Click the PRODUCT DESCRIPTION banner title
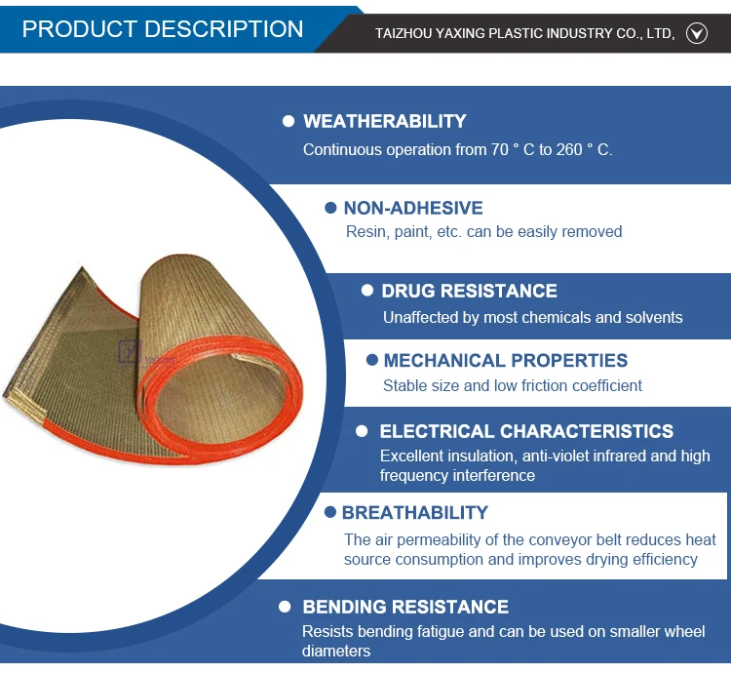(x=163, y=29)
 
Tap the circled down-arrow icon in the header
(x=697, y=33)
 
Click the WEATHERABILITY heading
(x=385, y=121)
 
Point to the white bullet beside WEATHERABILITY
(x=289, y=121)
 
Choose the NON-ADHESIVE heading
(x=413, y=208)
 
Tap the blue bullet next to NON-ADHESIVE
(x=330, y=208)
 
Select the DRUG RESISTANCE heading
(x=469, y=291)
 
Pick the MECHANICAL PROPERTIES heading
(x=505, y=361)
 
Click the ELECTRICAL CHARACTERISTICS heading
(x=526, y=431)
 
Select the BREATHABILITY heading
(x=415, y=513)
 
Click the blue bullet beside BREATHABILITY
(x=330, y=512)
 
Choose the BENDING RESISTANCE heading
(x=405, y=607)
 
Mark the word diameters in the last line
(x=336, y=651)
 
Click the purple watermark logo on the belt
(x=130, y=352)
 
